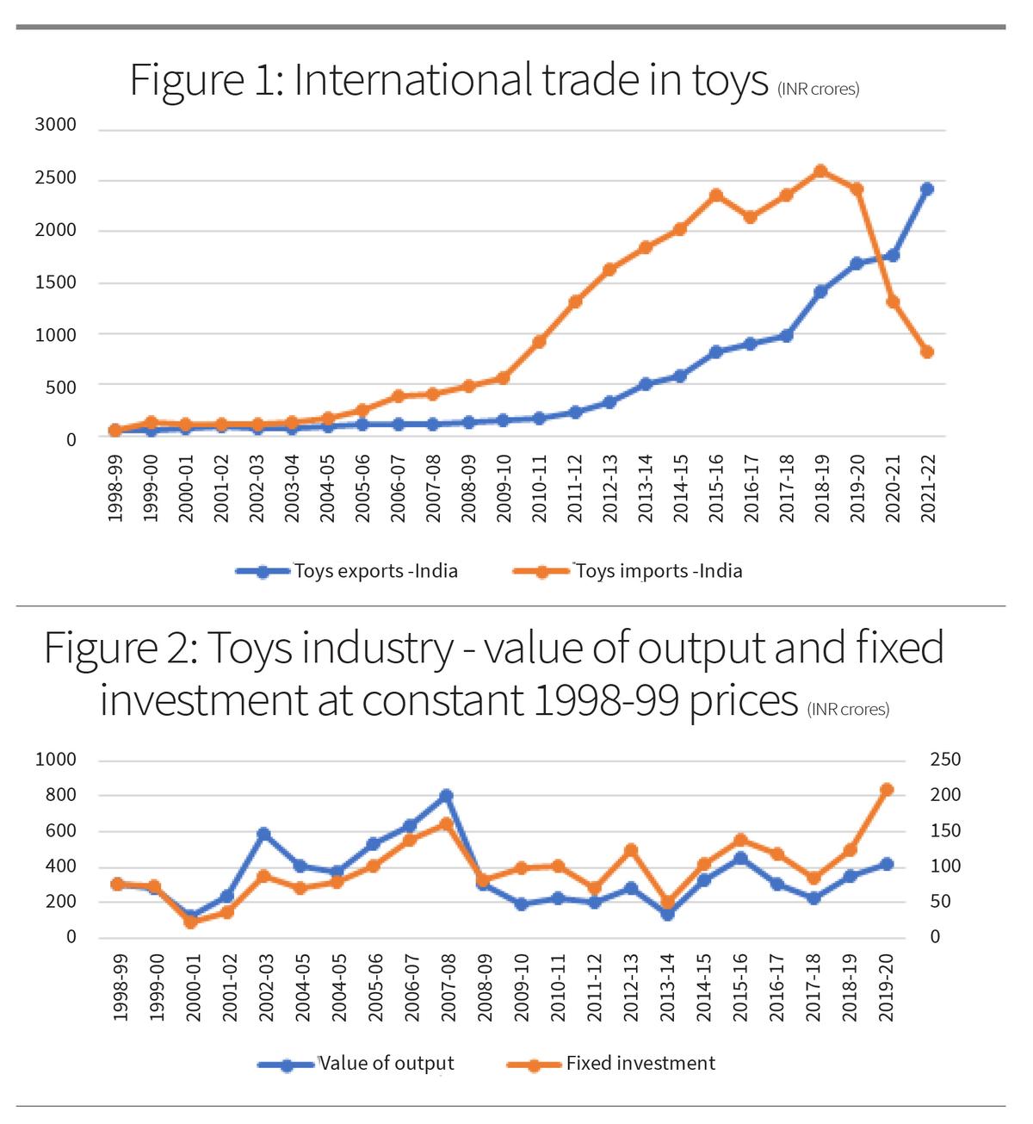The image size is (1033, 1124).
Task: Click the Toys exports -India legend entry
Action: pyautogui.click(x=375, y=571)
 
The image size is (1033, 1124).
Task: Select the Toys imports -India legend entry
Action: pyautogui.click(x=659, y=571)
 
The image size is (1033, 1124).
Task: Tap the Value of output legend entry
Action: pyautogui.click(x=386, y=1064)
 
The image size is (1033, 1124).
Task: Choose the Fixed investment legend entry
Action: pyautogui.click(x=640, y=1064)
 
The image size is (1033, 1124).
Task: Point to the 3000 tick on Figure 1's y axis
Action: pyautogui.click(x=56, y=125)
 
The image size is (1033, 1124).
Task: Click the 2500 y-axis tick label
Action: pyautogui.click(x=56, y=178)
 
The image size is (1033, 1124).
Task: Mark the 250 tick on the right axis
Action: pyautogui.click(x=945, y=760)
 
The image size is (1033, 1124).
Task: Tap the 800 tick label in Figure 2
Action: pyautogui.click(x=60, y=795)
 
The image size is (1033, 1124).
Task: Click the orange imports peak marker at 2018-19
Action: pyautogui.click(x=821, y=171)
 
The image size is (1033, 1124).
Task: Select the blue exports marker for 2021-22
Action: pyautogui.click(x=927, y=189)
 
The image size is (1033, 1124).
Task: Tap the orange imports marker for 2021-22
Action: pyautogui.click(x=927, y=351)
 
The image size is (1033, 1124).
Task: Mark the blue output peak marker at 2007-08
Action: pyautogui.click(x=446, y=796)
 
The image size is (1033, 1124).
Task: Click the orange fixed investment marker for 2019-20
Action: pyautogui.click(x=887, y=790)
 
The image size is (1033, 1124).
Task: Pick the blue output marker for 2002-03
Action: pyautogui.click(x=263, y=834)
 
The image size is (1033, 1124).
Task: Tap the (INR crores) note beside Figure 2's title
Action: pyautogui.click(x=848, y=710)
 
